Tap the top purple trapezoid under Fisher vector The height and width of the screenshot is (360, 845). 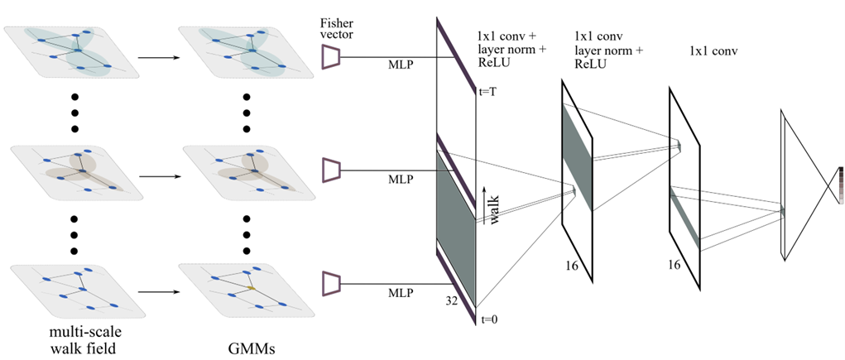[331, 56]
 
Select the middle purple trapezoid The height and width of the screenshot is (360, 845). [331, 170]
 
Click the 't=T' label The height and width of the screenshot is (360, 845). [488, 93]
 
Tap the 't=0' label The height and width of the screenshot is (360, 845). [488, 319]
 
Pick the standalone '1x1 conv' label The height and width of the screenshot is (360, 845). [713, 52]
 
